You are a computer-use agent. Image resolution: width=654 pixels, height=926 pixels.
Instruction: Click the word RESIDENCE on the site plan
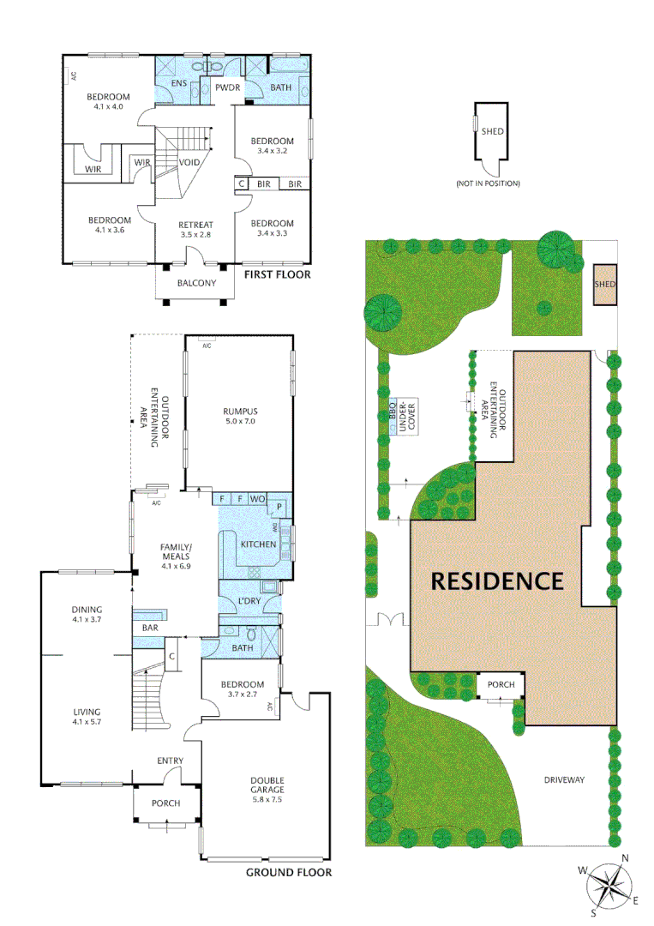pyautogui.click(x=497, y=580)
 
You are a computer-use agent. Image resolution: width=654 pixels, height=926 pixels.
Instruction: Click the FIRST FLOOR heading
pyautogui.click(x=277, y=275)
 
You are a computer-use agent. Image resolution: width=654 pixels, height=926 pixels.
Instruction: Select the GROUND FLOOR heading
pyautogui.click(x=288, y=873)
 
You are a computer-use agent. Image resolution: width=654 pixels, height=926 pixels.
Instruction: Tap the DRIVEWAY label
pyautogui.click(x=564, y=780)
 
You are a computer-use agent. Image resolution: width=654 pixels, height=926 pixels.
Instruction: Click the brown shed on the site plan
pyautogui.click(x=605, y=284)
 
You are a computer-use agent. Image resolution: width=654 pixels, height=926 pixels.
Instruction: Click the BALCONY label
pyautogui.click(x=196, y=283)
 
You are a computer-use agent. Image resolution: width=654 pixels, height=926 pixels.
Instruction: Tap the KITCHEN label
pyautogui.click(x=258, y=544)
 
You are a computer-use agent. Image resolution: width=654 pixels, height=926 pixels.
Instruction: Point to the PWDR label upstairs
pyautogui.click(x=227, y=87)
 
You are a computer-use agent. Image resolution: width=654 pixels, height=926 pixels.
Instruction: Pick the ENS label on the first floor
pyautogui.click(x=178, y=84)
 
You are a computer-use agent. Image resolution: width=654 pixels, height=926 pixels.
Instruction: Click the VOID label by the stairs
pyautogui.click(x=190, y=162)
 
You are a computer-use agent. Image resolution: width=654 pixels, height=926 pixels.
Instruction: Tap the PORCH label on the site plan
pyautogui.click(x=501, y=684)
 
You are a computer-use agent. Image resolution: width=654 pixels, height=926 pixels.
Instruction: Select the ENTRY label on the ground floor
pyautogui.click(x=170, y=761)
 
